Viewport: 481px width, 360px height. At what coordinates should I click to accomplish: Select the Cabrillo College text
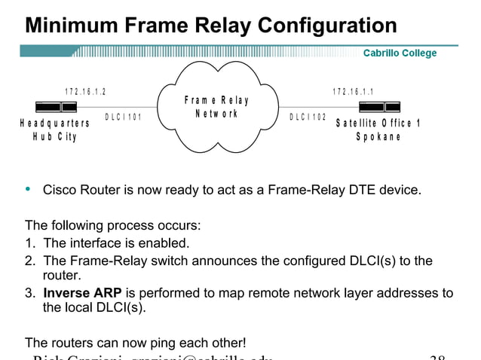(400, 53)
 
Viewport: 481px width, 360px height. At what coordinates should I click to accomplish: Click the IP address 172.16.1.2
(85, 92)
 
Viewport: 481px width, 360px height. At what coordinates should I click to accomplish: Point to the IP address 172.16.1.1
(354, 92)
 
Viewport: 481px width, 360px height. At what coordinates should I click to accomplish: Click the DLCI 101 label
(123, 117)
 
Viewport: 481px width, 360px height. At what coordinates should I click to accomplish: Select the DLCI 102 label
(308, 117)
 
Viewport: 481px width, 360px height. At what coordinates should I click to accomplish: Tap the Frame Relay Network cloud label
(216, 107)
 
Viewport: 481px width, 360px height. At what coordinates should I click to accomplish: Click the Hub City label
(54, 137)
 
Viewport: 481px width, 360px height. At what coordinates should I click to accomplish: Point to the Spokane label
(378, 137)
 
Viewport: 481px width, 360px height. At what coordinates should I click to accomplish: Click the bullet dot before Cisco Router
(29, 190)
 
